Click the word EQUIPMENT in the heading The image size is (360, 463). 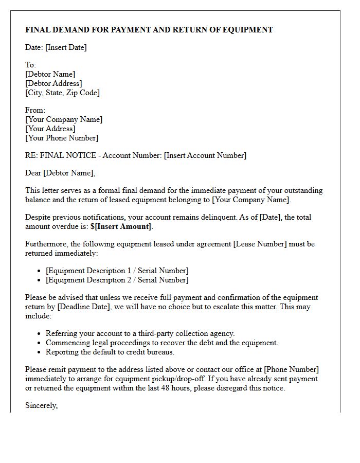click(x=248, y=30)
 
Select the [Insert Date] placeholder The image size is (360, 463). click(x=66, y=47)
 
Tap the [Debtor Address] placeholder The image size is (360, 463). click(x=53, y=83)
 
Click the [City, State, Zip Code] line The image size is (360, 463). click(x=62, y=93)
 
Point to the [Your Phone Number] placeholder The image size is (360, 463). click(x=62, y=138)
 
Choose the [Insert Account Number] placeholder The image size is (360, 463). click(x=205, y=155)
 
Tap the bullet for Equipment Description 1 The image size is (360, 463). click(x=39, y=271)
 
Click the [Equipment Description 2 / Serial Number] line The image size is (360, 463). click(x=117, y=280)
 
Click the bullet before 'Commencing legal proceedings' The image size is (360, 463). click(x=39, y=343)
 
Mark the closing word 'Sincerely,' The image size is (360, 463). click(x=41, y=405)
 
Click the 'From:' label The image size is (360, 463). click(x=35, y=110)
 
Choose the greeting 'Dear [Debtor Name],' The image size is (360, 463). click(x=60, y=173)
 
